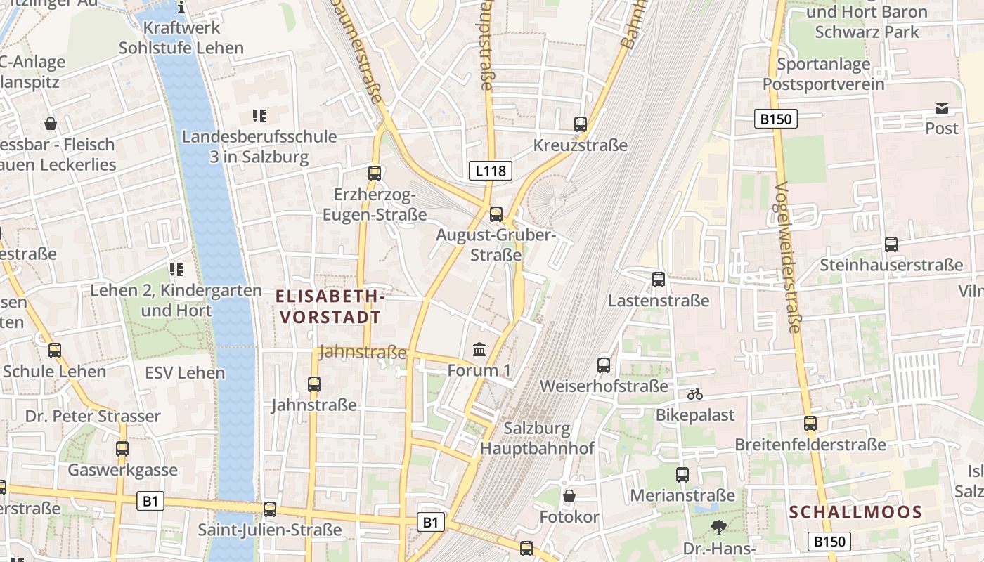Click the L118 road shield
click(490, 170)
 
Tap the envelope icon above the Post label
click(941, 108)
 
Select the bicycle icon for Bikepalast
click(695, 394)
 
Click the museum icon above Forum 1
click(479, 349)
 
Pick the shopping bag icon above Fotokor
click(569, 496)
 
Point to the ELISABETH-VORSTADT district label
click(330, 307)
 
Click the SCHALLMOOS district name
click(855, 512)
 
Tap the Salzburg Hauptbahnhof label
click(547, 438)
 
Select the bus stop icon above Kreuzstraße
click(580, 124)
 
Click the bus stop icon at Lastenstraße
click(659, 280)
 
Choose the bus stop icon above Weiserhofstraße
click(604, 365)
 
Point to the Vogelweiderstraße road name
click(789, 257)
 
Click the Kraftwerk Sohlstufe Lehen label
click(181, 38)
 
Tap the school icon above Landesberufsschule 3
click(259, 116)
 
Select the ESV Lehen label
click(186, 372)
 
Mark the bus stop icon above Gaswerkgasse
click(122, 449)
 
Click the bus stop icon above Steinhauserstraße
click(891, 244)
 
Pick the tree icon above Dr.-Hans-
click(718, 527)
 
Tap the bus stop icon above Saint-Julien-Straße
click(270, 509)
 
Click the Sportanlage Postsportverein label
click(823, 74)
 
